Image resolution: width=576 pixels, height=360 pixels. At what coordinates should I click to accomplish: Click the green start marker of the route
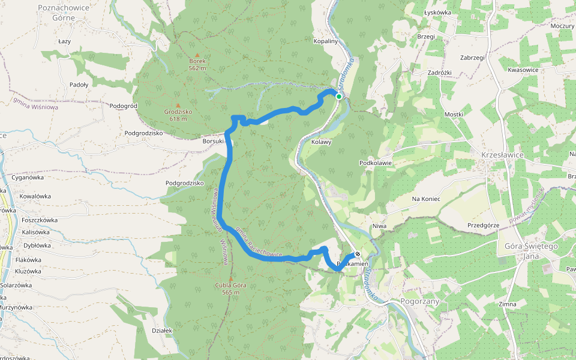pos(339,97)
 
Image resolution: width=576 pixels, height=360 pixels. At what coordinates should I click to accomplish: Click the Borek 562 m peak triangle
pos(197,55)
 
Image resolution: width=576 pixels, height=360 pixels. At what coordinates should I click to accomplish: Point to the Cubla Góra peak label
pos(230,289)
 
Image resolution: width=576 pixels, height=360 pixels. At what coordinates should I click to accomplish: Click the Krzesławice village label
pos(502,155)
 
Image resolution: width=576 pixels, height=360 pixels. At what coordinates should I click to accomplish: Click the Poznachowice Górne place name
pos(64,13)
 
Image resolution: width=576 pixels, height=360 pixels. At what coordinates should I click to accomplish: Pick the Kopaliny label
pos(326,41)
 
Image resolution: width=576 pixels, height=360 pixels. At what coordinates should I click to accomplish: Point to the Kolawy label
pos(322,142)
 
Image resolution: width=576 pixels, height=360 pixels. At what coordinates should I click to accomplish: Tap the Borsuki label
pos(213,142)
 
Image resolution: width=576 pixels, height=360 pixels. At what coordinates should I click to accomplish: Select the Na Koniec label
pos(426,199)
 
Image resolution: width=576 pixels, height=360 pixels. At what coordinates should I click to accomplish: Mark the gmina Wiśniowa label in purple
pos(35,103)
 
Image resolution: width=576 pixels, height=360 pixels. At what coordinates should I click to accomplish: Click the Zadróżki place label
pos(439,72)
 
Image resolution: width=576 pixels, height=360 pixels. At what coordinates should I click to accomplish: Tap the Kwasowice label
pos(523,70)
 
